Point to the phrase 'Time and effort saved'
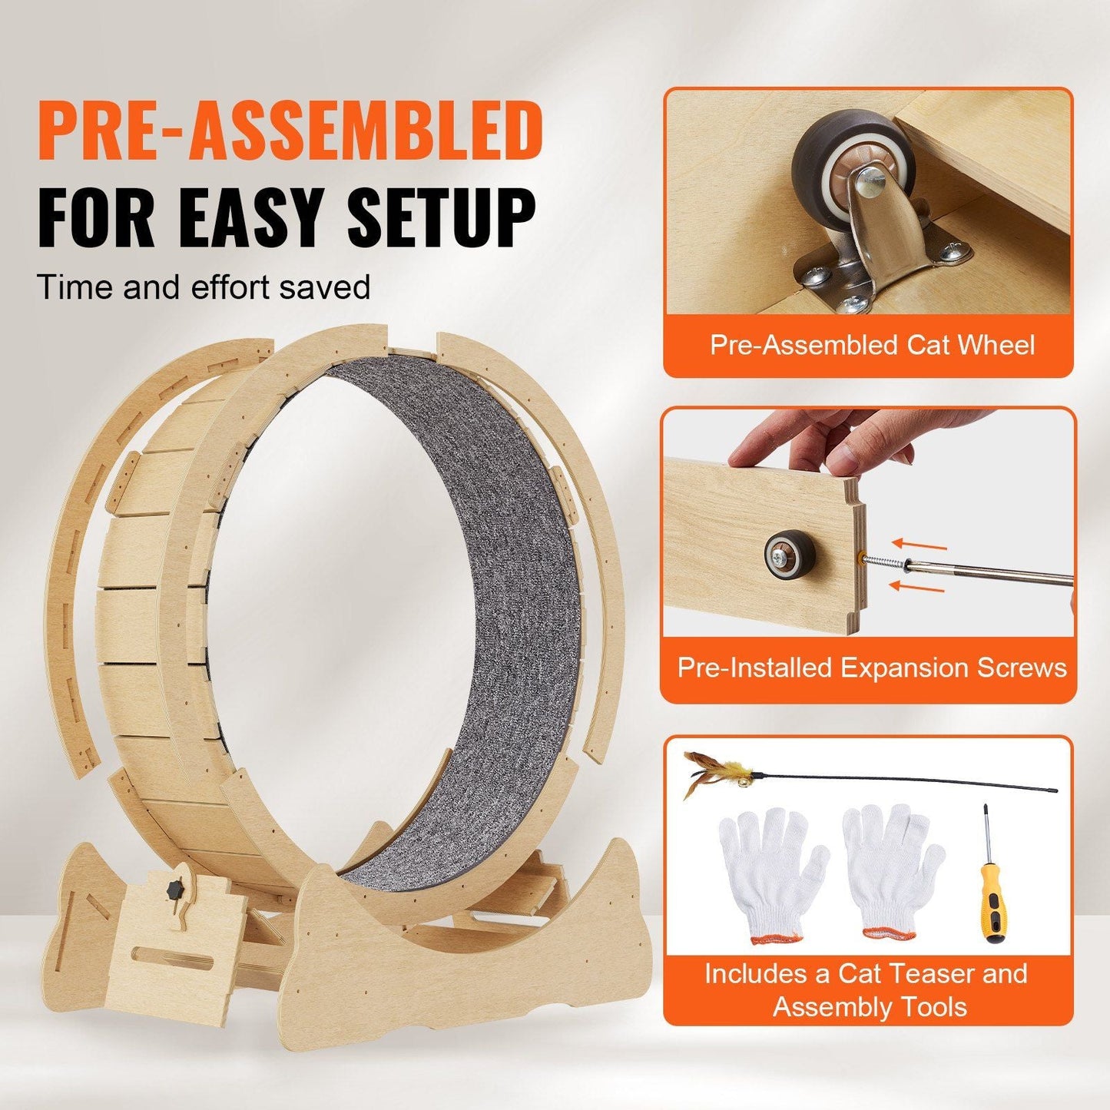[x=204, y=287]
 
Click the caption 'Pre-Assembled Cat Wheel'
[x=872, y=345]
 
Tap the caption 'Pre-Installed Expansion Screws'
[x=872, y=668]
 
